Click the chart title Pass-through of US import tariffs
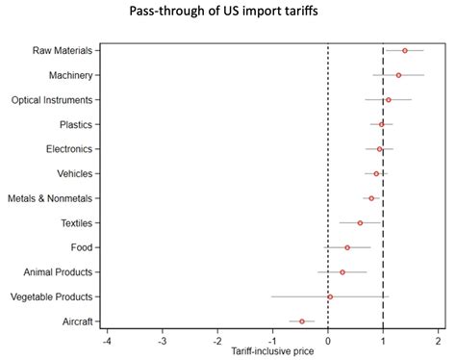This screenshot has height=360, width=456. (228, 13)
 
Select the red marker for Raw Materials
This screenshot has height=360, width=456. (405, 50)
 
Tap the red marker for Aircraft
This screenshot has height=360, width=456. (302, 321)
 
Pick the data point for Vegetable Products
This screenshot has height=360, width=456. (330, 296)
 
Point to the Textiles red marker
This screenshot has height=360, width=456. (361, 222)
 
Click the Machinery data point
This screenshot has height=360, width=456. (398, 75)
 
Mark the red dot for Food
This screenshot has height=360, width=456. (347, 247)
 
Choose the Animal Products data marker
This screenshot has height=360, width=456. (342, 272)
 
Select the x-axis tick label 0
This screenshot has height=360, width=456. (328, 342)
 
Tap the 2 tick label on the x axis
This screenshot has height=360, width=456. (439, 342)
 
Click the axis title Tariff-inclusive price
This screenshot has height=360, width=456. (273, 352)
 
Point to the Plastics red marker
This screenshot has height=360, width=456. (382, 124)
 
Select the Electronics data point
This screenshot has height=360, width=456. (380, 149)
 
